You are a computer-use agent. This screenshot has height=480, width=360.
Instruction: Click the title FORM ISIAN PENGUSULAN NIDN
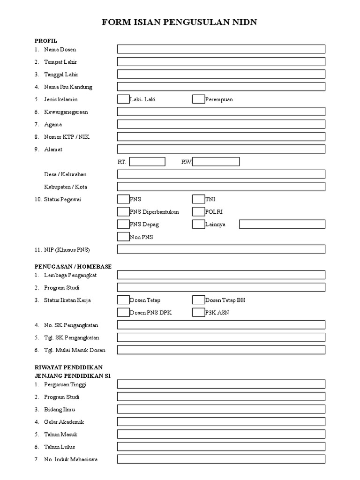180,22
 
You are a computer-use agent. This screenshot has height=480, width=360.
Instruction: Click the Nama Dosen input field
221,49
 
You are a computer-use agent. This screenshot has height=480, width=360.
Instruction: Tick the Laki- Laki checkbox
123,99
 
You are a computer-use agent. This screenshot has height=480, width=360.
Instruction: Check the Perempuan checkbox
198,99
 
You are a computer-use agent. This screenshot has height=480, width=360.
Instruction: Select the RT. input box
147,162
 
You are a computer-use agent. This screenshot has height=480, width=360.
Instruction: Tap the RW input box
216,162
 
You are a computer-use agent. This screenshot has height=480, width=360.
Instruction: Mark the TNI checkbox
198,199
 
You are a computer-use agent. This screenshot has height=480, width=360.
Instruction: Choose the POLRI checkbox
198,211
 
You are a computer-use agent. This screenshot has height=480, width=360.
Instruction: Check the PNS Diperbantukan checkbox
123,211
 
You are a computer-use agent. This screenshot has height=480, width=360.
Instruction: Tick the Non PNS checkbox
123,237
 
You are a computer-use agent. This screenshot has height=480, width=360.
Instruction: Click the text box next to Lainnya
282,224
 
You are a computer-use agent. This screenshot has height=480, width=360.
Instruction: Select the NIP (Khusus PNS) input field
221,249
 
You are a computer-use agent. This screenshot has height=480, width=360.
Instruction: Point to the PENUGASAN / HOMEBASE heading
73,266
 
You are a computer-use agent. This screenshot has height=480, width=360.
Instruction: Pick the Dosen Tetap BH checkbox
198,300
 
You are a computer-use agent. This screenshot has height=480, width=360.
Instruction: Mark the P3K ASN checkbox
198,312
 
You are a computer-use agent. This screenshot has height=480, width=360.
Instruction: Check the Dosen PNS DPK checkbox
123,312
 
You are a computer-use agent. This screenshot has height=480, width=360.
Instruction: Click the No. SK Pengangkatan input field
221,325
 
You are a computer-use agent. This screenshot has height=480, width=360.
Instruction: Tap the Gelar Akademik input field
221,421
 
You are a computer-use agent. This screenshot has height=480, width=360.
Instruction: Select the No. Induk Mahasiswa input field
221,459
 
